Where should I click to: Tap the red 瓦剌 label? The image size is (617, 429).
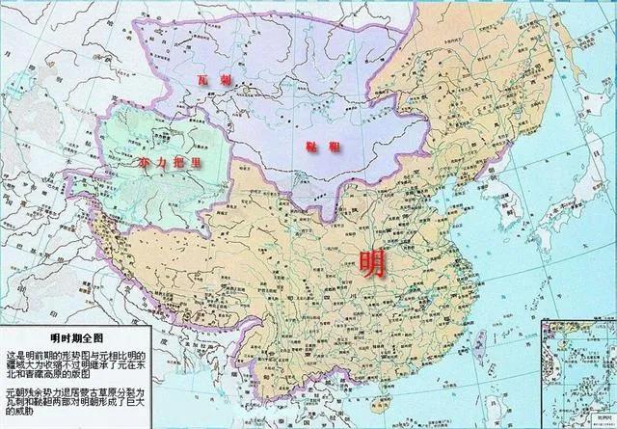click(x=207, y=80)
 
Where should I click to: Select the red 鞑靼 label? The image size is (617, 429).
click(x=315, y=145)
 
